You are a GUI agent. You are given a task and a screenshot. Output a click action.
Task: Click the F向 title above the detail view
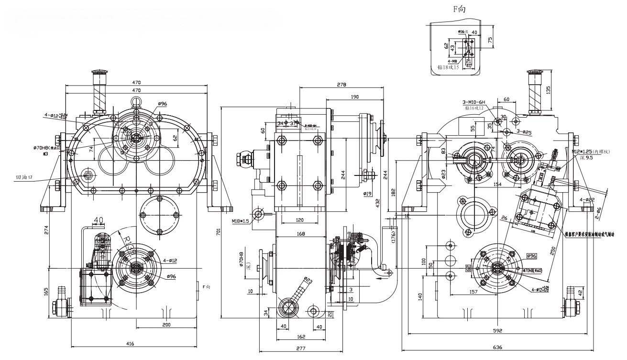coord(459,9)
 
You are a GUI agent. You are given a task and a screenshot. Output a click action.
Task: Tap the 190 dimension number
coord(354,97)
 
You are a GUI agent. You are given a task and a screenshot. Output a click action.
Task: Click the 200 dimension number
coord(166,325)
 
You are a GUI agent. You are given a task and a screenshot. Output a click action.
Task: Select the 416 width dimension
coord(130,343)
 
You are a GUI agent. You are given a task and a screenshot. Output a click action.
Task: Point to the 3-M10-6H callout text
coord(474,102)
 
